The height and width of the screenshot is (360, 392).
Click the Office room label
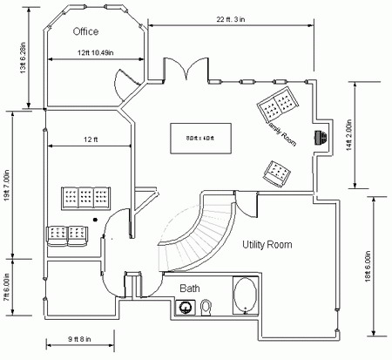85,32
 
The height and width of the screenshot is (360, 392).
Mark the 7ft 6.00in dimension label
6,286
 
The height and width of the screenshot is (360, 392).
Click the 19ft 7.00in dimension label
6,187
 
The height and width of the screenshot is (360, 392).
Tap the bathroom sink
186,307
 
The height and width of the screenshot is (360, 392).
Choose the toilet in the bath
206,306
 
